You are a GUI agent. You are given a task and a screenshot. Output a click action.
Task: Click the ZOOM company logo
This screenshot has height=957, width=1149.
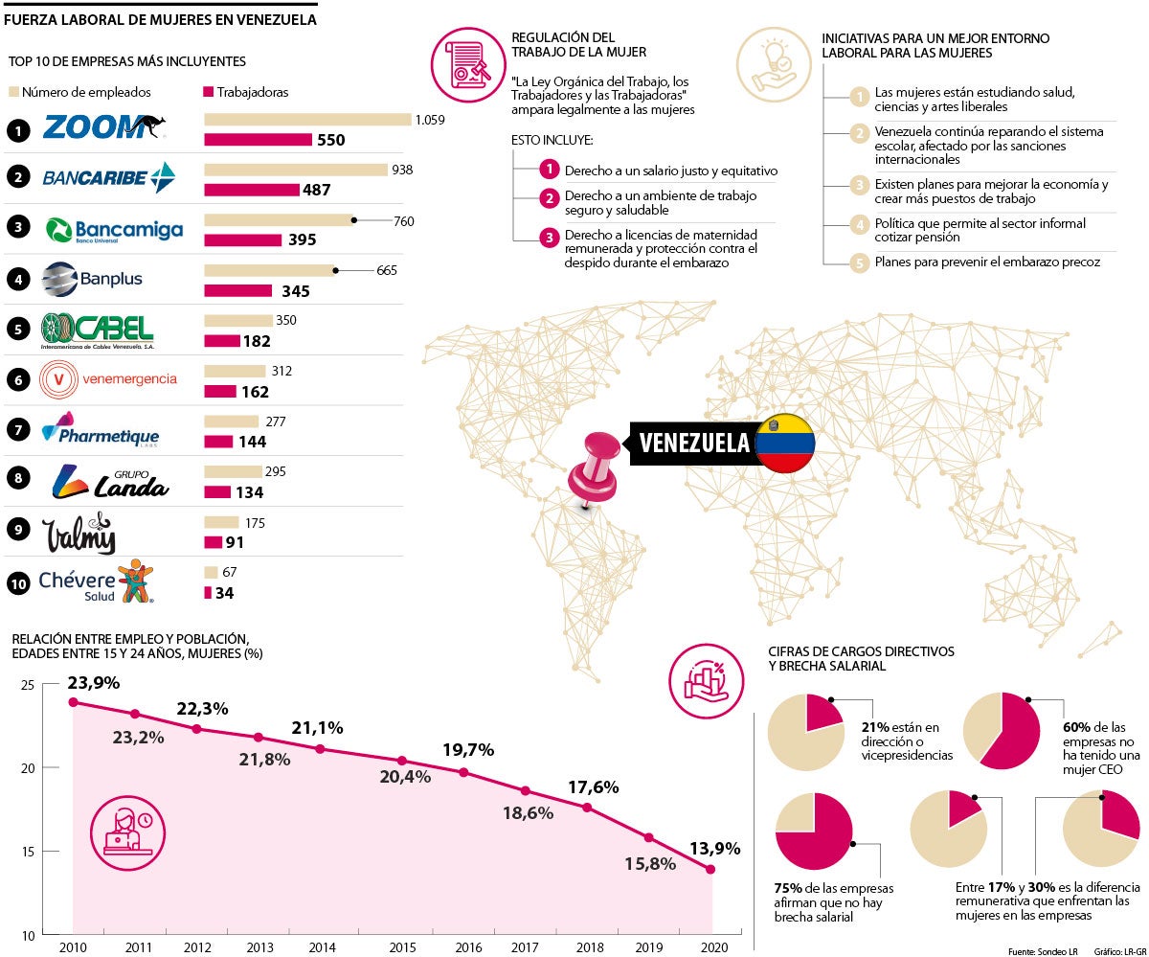pos(103,127)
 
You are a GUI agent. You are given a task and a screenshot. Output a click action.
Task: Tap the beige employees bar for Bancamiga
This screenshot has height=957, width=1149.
pos(279,219)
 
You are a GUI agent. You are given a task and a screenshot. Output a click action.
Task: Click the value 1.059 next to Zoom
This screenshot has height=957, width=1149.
pos(430,120)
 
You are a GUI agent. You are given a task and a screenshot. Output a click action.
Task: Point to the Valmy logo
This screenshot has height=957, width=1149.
pos(79,534)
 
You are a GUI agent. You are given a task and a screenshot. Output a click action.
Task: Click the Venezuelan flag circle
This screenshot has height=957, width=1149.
pos(784,444)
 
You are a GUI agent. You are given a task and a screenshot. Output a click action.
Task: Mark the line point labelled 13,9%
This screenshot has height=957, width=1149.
pos(711,869)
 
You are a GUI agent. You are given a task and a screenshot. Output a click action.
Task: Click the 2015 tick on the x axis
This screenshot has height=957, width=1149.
pos(402,947)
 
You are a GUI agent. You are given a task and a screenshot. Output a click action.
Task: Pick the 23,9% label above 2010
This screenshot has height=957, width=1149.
pos(93,683)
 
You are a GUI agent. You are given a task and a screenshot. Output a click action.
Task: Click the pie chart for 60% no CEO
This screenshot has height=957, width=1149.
pos(1001,730)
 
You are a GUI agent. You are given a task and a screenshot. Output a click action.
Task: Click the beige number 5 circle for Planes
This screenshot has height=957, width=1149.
pos(860,261)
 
